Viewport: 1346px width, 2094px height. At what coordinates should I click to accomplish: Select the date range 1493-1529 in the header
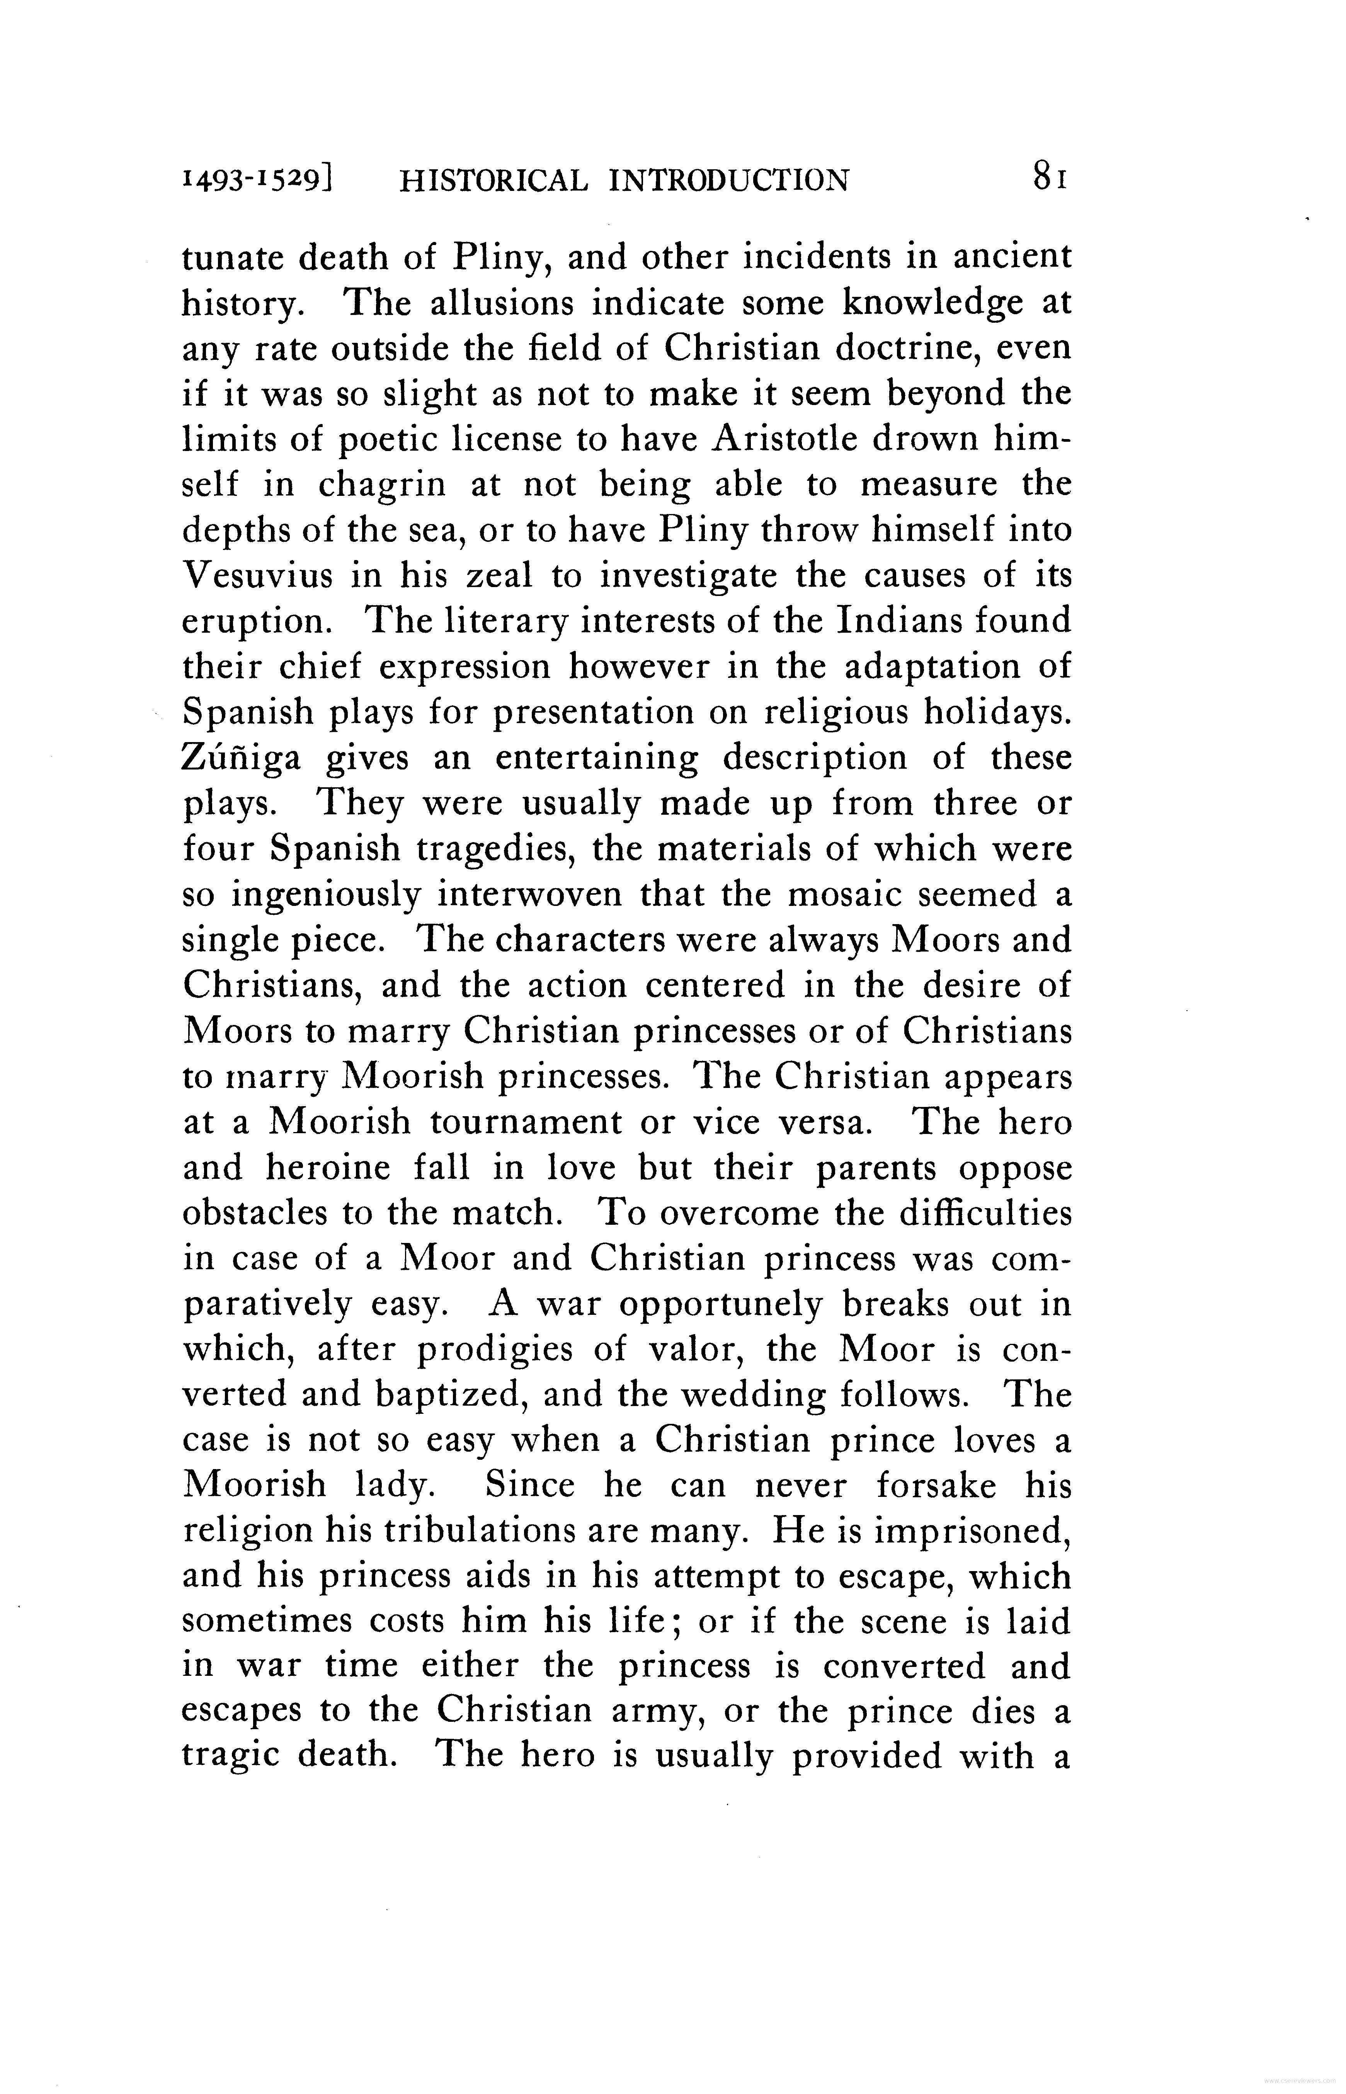tap(259, 180)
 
